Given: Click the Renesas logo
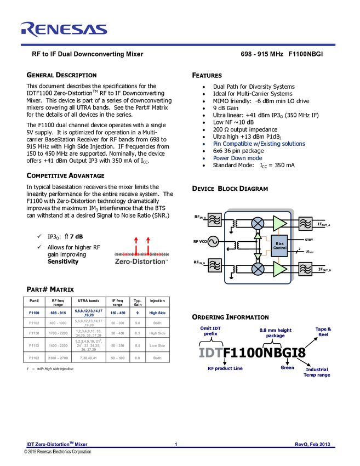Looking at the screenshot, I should (x=64, y=30).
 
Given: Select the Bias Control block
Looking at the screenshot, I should (x=279, y=245).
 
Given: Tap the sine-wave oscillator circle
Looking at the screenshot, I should (x=213, y=241).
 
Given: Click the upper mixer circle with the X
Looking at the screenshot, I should (x=257, y=223).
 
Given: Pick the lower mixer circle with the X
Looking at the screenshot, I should (x=257, y=269).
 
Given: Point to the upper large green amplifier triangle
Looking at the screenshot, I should (x=280, y=223).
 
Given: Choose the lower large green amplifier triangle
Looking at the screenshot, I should (x=280, y=269).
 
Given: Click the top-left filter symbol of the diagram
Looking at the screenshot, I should (x=214, y=220).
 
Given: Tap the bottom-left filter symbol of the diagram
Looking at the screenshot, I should (x=214, y=266).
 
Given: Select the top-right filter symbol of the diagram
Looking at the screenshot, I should (x=305, y=223).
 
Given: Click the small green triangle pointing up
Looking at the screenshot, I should (x=257, y=236).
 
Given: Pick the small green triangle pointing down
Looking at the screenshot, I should (x=257, y=256).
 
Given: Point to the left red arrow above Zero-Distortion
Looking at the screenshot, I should (x=136, y=243).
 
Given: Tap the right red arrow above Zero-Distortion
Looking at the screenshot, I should (x=148, y=243).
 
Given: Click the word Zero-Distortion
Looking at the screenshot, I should (x=140, y=262).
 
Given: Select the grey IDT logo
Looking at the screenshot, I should (x=210, y=353).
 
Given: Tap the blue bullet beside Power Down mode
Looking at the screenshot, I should (x=203, y=158).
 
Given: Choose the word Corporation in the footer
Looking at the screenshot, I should (x=79, y=452).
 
